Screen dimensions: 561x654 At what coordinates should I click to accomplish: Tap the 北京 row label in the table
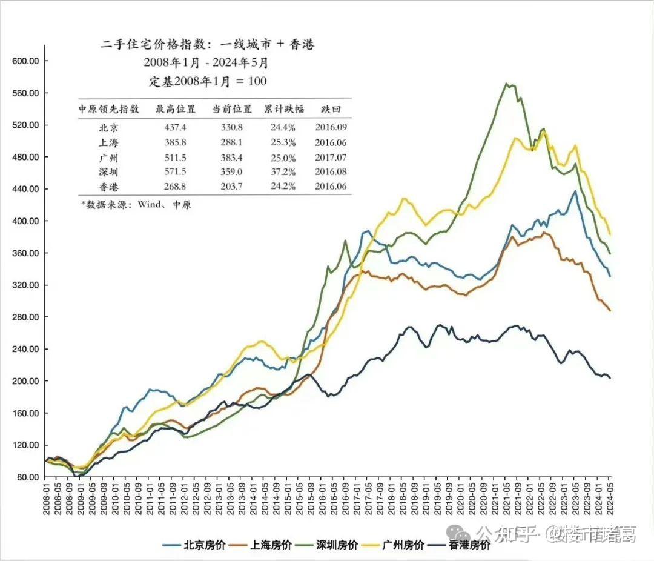pyautogui.click(x=109, y=127)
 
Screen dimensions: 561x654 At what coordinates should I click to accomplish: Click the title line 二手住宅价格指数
pyautogui.click(x=207, y=44)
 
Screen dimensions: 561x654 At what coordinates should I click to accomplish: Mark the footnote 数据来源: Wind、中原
pyautogui.click(x=136, y=205)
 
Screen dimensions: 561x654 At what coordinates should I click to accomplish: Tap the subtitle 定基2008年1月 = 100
pyautogui.click(x=208, y=81)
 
